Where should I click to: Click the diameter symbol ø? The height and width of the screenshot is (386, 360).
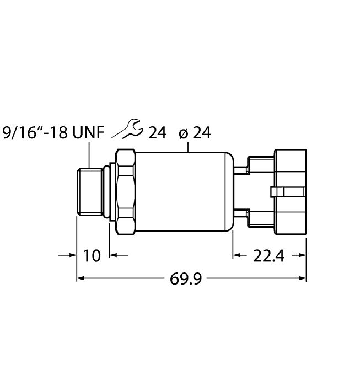click(184, 133)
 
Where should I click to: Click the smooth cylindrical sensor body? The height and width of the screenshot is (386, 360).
click(182, 191)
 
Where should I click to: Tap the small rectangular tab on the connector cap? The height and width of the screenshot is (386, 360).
click(287, 191)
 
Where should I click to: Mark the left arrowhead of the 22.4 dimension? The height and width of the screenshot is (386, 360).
click(237, 255)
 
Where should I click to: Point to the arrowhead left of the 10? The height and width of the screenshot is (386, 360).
click(72, 255)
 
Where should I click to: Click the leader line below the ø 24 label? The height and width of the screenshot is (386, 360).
click(189, 147)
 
